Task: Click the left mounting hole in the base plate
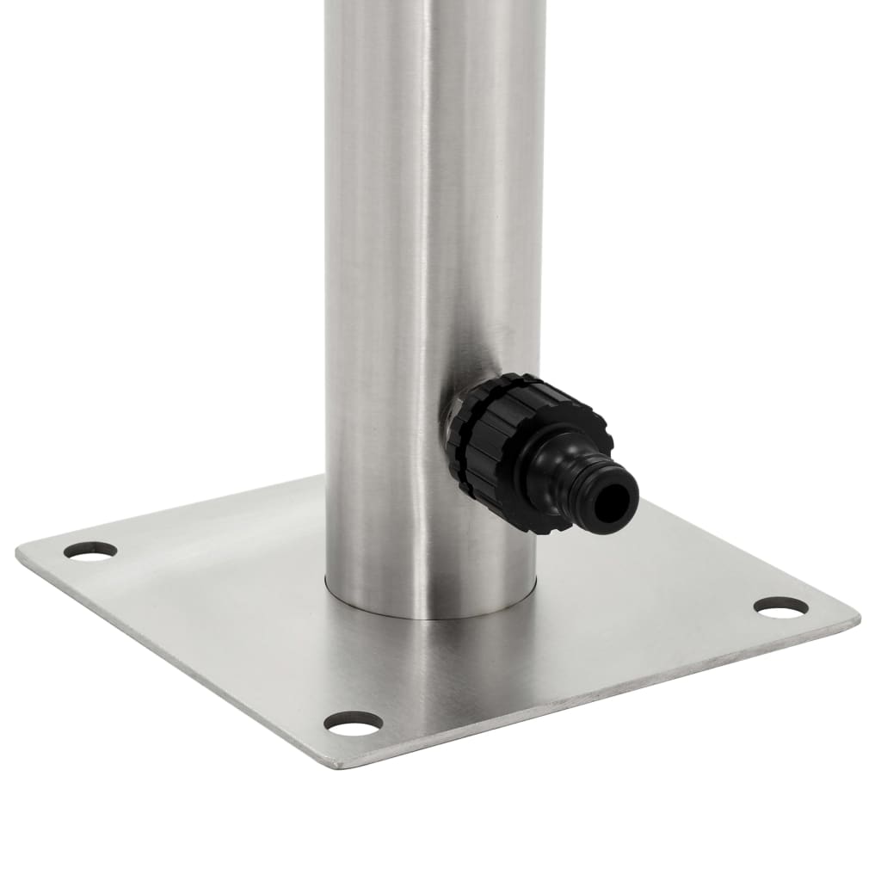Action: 90,551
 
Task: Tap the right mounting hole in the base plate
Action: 780,607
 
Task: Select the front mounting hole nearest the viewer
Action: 353,724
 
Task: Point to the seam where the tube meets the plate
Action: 430,616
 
